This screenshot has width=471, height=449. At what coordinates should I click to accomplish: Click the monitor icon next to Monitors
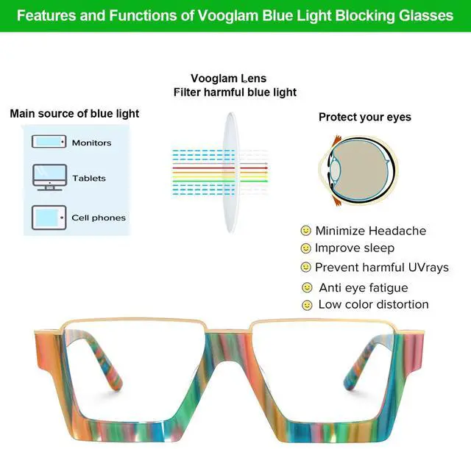(x=49, y=142)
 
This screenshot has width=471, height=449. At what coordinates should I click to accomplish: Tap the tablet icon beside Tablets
(x=49, y=177)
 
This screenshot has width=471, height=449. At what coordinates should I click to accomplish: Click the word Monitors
(x=91, y=143)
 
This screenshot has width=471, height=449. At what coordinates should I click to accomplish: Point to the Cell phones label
(x=99, y=218)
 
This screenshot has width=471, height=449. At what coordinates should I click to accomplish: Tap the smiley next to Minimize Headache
(x=306, y=231)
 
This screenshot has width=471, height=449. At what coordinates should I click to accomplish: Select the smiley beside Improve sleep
(x=306, y=249)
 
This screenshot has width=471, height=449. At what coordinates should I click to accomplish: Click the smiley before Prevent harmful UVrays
(x=306, y=267)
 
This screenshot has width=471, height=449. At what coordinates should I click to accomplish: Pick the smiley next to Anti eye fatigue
(x=307, y=287)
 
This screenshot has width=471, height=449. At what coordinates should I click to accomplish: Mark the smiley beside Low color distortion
(x=307, y=304)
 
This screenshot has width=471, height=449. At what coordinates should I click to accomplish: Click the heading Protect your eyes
(x=365, y=117)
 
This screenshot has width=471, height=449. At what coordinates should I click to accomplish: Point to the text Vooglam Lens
(x=228, y=79)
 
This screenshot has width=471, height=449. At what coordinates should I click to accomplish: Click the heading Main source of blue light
(x=74, y=114)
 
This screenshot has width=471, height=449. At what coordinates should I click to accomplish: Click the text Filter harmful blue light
(x=235, y=93)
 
